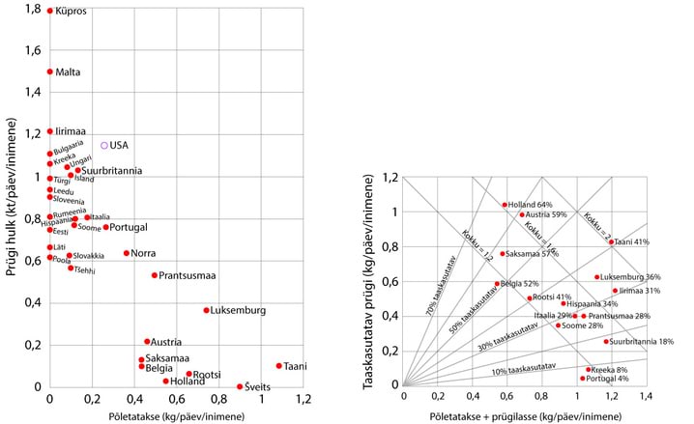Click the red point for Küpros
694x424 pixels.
pos(50,11)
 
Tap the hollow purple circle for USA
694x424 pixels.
pos(104,146)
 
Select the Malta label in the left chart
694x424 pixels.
pos(68,71)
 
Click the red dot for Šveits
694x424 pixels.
pos(240,386)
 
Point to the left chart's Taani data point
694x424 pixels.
pos(278,366)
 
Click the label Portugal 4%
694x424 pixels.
pos(613,379)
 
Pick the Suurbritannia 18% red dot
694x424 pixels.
pos(606,342)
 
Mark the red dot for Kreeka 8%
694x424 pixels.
pos(588,369)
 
